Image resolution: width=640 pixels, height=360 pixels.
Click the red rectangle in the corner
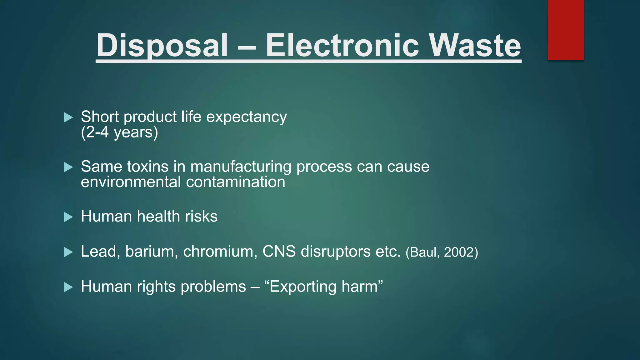pyautogui.click(x=566, y=30)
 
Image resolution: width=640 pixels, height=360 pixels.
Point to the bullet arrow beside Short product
pyautogui.click(x=68, y=117)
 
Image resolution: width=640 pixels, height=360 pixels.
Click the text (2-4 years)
pyautogui.click(x=119, y=132)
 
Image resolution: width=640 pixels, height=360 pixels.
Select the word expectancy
pyautogui.click(x=246, y=117)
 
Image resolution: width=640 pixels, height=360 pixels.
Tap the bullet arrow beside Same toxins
pyautogui.click(x=68, y=167)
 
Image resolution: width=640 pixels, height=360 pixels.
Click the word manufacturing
pyautogui.click(x=241, y=167)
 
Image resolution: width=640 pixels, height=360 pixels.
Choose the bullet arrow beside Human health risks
pyautogui.click(x=68, y=217)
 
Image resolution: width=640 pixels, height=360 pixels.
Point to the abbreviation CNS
pyautogui.click(x=279, y=251)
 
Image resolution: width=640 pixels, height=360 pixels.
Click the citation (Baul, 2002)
pyautogui.click(x=442, y=252)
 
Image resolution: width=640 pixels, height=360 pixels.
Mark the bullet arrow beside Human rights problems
pyautogui.click(x=68, y=287)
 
